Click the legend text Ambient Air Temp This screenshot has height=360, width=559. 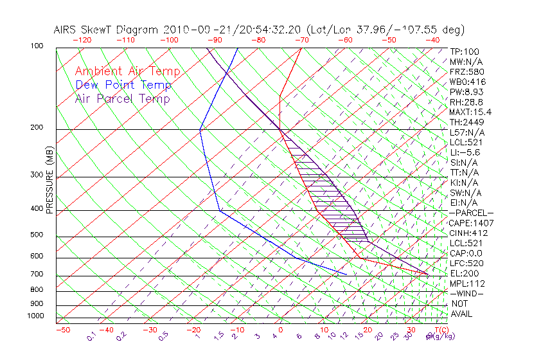(x=127, y=71)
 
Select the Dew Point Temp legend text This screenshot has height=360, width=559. (x=123, y=85)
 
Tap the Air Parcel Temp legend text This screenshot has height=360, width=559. (x=122, y=98)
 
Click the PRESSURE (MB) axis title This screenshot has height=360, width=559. (x=49, y=181)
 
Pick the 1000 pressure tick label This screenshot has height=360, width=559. (x=35, y=316)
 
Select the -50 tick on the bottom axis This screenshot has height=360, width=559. (x=62, y=330)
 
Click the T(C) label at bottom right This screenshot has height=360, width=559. (x=439, y=330)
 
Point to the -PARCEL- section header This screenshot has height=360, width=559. (x=471, y=213)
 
